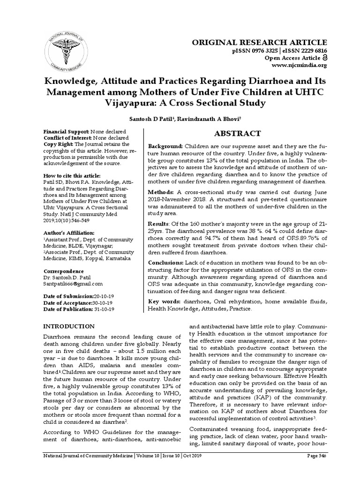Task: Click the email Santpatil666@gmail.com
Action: (73, 284)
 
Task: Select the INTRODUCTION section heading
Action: (69, 326)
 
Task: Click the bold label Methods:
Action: (162, 192)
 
